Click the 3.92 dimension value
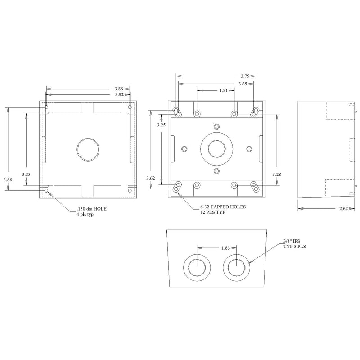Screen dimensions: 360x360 pyautogui.click(x=119, y=95)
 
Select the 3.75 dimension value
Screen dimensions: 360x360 pyautogui.click(x=245, y=76)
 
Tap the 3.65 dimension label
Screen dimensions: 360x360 pyautogui.click(x=243, y=84)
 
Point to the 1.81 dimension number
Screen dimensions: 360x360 pyautogui.click(x=223, y=90)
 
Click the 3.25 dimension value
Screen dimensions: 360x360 pyautogui.click(x=161, y=124)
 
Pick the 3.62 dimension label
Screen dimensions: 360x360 pyautogui.click(x=151, y=179)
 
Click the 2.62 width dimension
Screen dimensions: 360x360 pyautogui.click(x=343, y=208)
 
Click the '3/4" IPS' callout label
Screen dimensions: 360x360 pyautogui.click(x=291, y=241)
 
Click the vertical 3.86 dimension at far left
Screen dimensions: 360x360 pyautogui.click(x=8, y=179)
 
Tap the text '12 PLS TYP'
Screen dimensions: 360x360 pyautogui.click(x=213, y=213)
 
